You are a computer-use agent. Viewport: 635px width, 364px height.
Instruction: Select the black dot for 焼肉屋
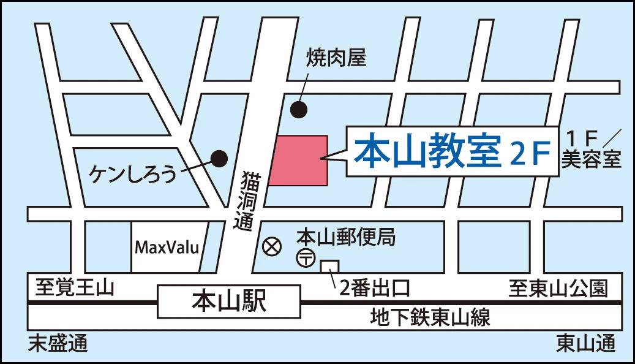(x=298, y=109)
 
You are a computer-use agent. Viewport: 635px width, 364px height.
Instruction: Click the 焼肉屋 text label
(x=336, y=58)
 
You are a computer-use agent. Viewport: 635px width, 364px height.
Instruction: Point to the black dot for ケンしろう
(x=219, y=158)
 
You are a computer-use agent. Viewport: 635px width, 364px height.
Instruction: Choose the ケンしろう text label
(x=133, y=173)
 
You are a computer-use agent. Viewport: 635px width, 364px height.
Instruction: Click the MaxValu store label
(x=167, y=248)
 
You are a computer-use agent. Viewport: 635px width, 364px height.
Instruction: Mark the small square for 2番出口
(x=329, y=268)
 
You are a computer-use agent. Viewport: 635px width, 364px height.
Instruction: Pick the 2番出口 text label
(x=374, y=287)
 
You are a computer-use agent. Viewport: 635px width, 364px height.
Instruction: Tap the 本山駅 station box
(x=229, y=301)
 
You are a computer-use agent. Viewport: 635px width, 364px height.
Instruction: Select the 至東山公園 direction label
(x=558, y=288)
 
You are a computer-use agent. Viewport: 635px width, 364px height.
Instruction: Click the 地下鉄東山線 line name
(x=430, y=318)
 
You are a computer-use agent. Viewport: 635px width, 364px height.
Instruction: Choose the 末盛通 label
(x=58, y=344)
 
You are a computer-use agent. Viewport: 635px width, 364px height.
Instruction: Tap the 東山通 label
(x=585, y=344)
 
